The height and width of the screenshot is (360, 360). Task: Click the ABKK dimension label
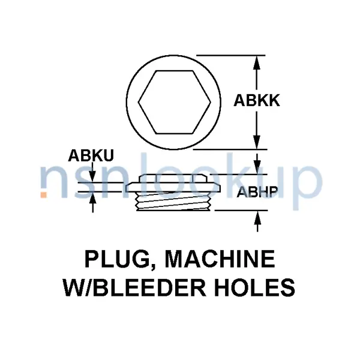(257, 101)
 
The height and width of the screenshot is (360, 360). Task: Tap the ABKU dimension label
(91, 155)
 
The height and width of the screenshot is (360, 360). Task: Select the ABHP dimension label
(257, 192)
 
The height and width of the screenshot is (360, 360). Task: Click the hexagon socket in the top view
(174, 102)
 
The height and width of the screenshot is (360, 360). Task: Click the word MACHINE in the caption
(220, 259)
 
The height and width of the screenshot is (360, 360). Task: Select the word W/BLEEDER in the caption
(134, 287)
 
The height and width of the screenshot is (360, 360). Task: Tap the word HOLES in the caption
(255, 287)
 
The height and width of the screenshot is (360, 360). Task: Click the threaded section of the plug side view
(174, 201)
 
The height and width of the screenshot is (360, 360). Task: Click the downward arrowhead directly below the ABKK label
(257, 142)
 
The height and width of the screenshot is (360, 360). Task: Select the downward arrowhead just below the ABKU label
(92, 176)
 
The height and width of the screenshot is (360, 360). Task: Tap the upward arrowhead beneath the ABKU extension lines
(93, 198)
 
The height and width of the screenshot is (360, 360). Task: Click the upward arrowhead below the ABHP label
(257, 217)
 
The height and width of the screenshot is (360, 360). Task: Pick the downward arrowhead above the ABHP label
(257, 167)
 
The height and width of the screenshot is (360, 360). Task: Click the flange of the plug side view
(173, 187)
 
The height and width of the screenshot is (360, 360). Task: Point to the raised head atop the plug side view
(174, 178)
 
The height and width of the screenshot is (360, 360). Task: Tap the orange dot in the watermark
(44, 194)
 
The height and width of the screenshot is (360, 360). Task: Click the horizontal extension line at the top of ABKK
(231, 55)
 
